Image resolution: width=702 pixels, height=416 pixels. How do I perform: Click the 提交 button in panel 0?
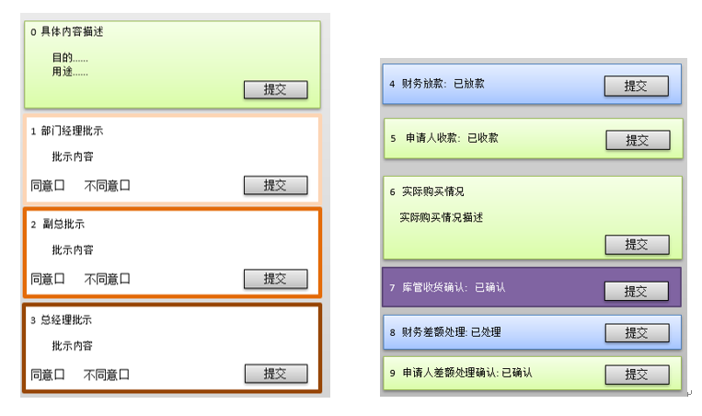click(x=275, y=89)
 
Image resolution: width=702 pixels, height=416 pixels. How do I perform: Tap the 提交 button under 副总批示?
click(x=275, y=278)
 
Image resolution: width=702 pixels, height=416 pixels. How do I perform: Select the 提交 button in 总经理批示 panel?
click(x=275, y=374)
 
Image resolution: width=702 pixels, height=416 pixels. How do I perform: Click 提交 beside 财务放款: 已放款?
click(x=636, y=86)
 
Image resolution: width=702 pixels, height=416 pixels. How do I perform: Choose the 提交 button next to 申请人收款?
click(x=637, y=140)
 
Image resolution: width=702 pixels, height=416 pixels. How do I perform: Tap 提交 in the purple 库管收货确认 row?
click(x=636, y=291)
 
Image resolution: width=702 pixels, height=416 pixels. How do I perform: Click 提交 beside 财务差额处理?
click(x=636, y=332)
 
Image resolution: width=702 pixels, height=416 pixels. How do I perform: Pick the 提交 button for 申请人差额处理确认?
click(x=636, y=375)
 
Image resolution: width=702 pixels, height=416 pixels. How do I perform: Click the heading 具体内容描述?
click(x=72, y=32)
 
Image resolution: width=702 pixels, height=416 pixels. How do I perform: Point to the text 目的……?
click(x=70, y=58)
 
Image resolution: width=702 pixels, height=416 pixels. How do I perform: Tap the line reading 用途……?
click(x=70, y=72)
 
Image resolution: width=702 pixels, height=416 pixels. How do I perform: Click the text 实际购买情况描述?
click(x=441, y=217)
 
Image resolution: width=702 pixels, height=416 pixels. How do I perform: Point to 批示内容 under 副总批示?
click(x=73, y=250)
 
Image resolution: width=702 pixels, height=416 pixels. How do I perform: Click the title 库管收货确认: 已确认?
click(x=454, y=288)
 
